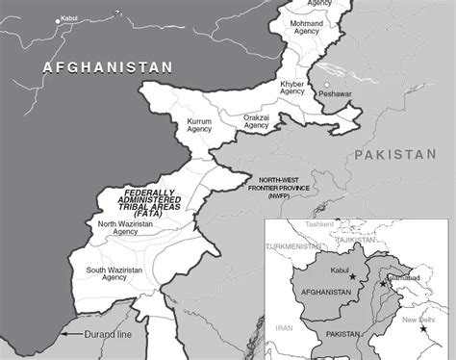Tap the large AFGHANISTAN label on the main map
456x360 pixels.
coord(108,66)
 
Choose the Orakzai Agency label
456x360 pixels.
coord(256,121)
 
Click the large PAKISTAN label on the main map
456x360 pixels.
coord(395,155)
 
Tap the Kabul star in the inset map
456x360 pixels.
coord(352,277)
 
